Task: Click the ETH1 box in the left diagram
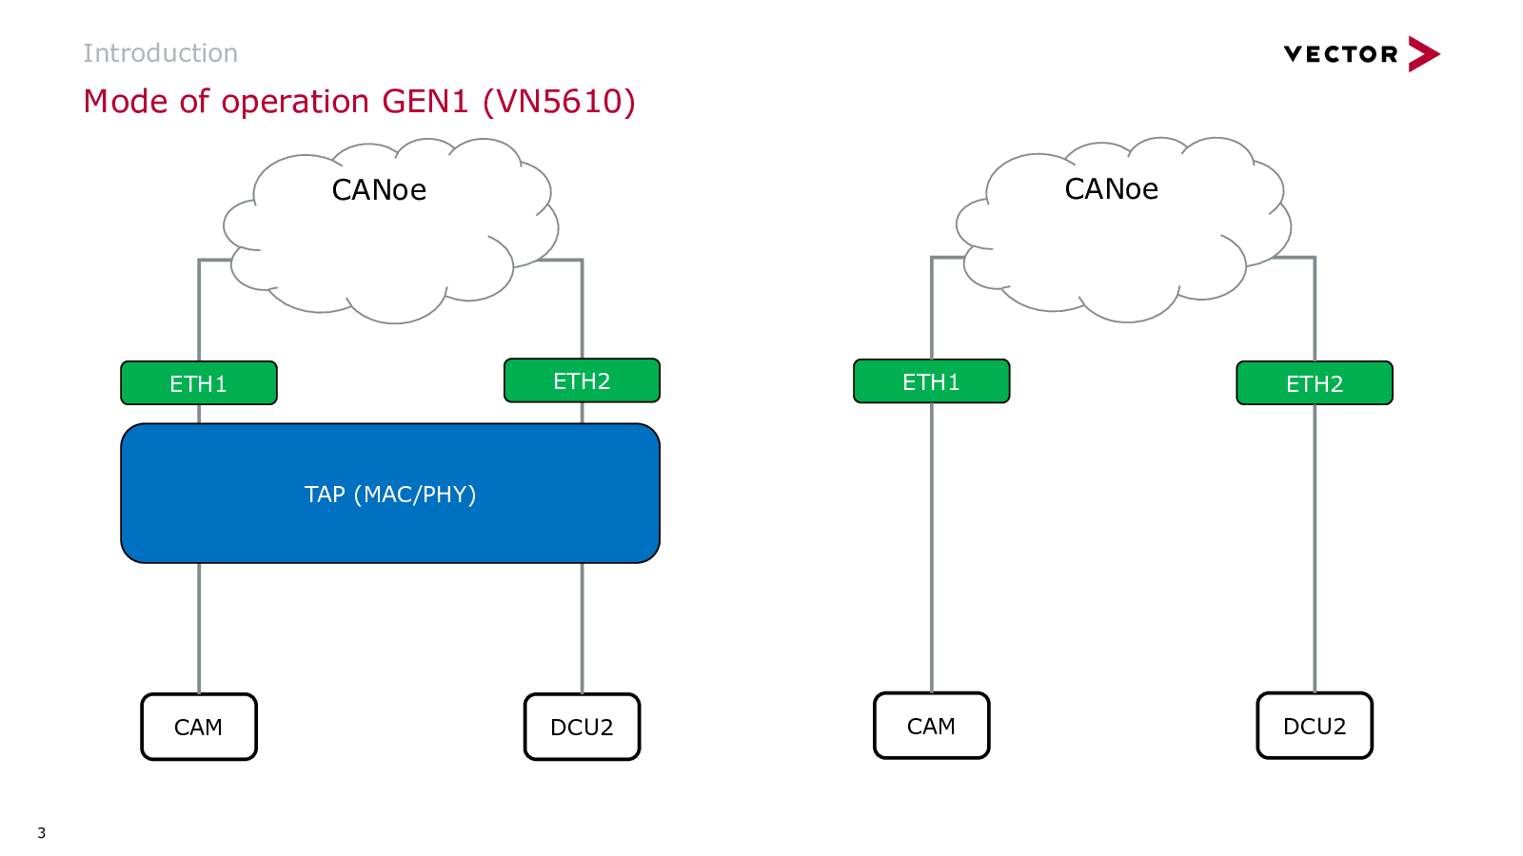[x=199, y=383]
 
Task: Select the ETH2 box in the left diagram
[x=582, y=380]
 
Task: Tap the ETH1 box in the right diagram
[x=932, y=381]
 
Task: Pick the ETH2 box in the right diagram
[x=1315, y=383]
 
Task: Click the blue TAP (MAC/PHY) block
[x=390, y=494]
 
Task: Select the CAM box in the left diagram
[x=199, y=727]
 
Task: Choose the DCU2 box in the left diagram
[x=582, y=727]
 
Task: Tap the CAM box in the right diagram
[x=932, y=725]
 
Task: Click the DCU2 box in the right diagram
[x=1315, y=725]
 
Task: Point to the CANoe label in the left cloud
[x=379, y=190]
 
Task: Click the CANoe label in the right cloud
[x=1111, y=189]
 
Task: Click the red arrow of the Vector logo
[x=1424, y=53]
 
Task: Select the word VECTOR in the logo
[x=1341, y=54]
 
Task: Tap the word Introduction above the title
[x=161, y=53]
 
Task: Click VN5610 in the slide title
[x=559, y=101]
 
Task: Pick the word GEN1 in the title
[x=425, y=101]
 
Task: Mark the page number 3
[x=42, y=833]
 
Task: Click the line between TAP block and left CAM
[x=199, y=629]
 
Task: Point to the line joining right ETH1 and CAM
[x=932, y=548]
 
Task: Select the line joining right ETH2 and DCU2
[x=1315, y=548]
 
